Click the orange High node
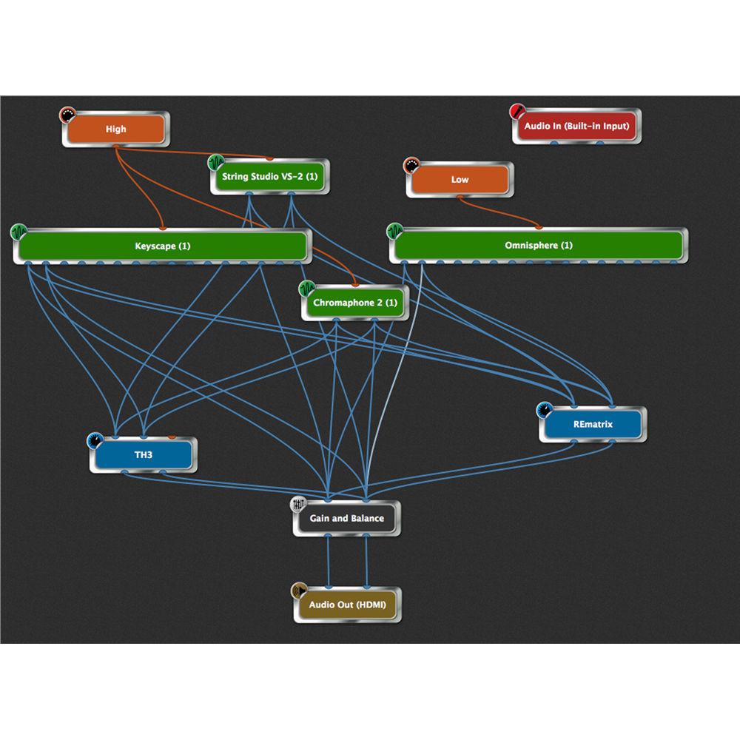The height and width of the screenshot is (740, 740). pyautogui.click(x=115, y=129)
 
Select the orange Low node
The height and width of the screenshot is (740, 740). pyautogui.click(x=460, y=180)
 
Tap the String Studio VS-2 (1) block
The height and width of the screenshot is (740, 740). pyautogui.click(x=269, y=178)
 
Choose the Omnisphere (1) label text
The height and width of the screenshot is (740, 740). pyautogui.click(x=538, y=246)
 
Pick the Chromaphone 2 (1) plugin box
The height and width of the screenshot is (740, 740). pyautogui.click(x=354, y=303)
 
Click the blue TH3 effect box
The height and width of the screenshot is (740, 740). pyautogui.click(x=144, y=454)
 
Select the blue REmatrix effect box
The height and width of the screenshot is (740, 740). pyautogui.click(x=593, y=425)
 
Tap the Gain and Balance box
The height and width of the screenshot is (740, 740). pyautogui.click(x=346, y=518)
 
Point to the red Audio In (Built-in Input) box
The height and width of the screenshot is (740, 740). pyautogui.click(x=576, y=127)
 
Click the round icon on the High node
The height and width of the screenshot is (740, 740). pyautogui.click(x=67, y=115)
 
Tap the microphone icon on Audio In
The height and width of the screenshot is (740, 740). pyautogui.click(x=517, y=112)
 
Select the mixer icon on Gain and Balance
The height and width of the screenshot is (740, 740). pyautogui.click(x=299, y=504)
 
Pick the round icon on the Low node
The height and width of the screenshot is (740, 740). pyautogui.click(x=411, y=165)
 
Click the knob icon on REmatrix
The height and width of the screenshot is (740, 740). pyautogui.click(x=545, y=409)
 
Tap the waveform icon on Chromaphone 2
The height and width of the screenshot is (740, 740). pyautogui.click(x=307, y=288)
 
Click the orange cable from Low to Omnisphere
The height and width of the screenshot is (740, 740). pyautogui.click(x=503, y=213)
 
